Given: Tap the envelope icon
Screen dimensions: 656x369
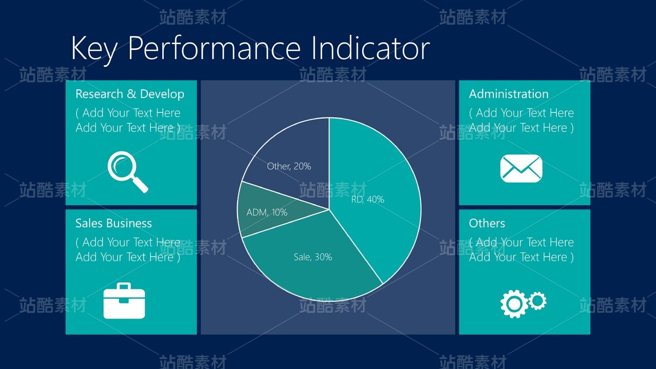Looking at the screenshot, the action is (x=522, y=168).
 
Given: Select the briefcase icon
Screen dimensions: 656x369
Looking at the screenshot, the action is (x=124, y=300).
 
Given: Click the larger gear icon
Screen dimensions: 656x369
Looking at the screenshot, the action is (x=514, y=304).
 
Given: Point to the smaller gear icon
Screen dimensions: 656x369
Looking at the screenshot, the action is (x=538, y=301).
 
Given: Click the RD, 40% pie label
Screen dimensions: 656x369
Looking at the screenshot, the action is (x=368, y=200).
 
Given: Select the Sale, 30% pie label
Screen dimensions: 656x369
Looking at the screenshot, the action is (x=313, y=257).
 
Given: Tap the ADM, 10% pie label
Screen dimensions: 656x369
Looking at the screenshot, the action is (x=267, y=212).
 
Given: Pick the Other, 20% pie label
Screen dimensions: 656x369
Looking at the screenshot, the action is (x=289, y=166).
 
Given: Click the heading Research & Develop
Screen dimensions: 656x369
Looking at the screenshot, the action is (x=130, y=94).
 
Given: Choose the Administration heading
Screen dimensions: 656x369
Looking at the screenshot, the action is (x=509, y=94).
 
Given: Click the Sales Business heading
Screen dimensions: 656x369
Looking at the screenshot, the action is (x=113, y=223).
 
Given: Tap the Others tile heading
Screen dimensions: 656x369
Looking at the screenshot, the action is (x=487, y=223).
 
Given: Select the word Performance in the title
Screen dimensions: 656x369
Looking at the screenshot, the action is (x=215, y=48).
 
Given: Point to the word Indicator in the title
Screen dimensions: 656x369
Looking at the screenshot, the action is (x=371, y=48).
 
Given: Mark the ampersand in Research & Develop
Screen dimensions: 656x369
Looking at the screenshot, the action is (x=131, y=94).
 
